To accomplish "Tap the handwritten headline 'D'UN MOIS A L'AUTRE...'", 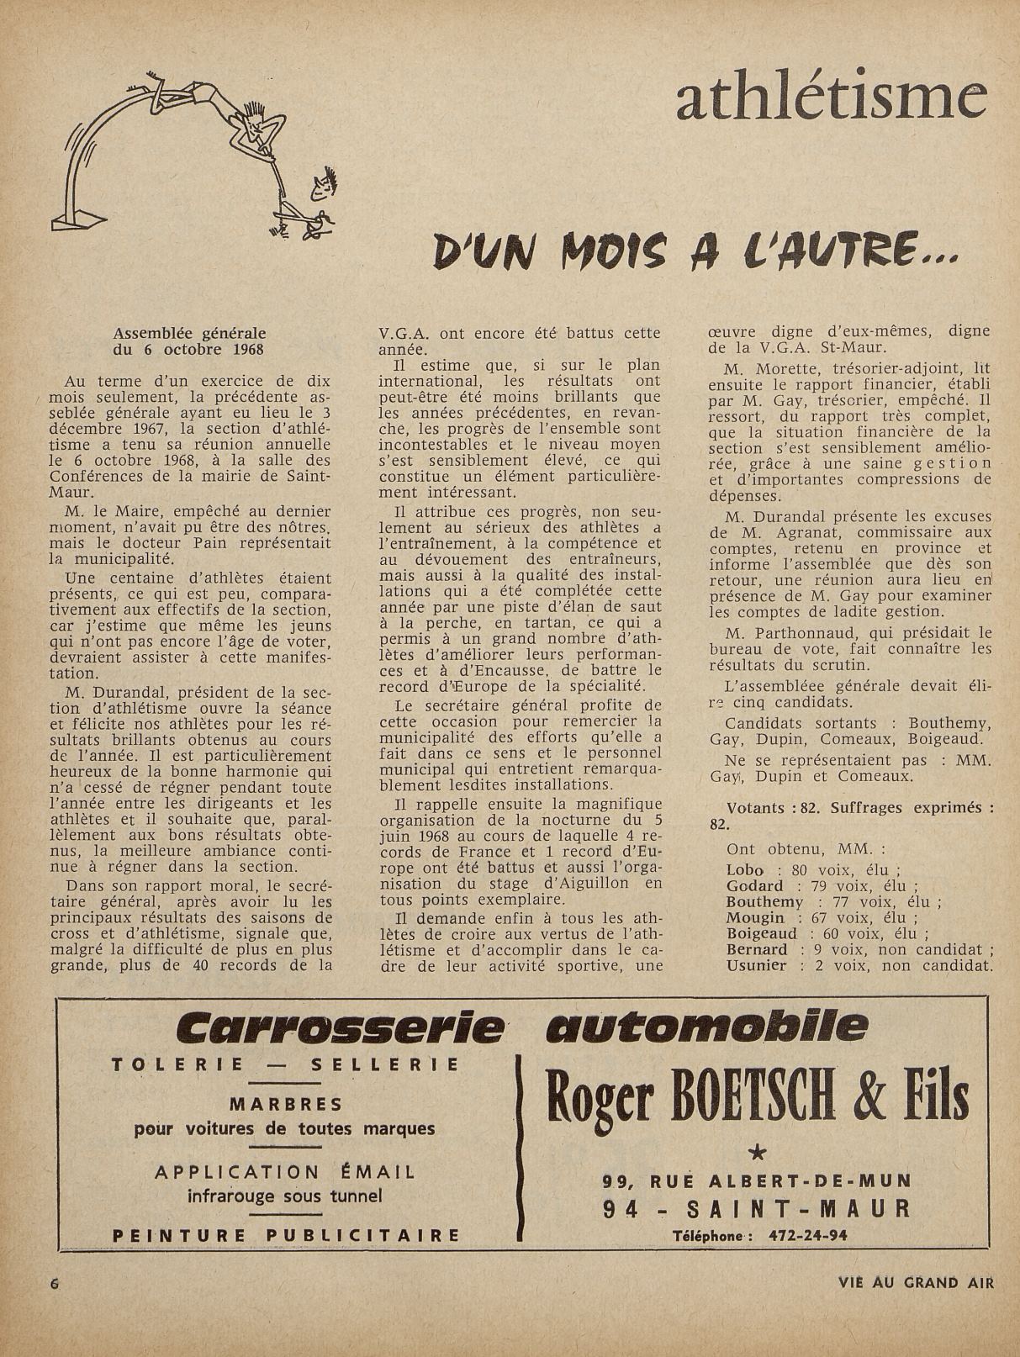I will tap(695, 250).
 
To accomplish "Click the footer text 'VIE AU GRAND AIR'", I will tap(916, 1283).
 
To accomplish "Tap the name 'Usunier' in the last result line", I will tap(758, 965).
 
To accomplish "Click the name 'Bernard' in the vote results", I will tap(758, 950).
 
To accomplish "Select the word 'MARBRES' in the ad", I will tap(286, 1104).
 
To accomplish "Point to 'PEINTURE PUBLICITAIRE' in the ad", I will tap(286, 1235).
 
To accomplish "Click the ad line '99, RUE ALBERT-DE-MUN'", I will tap(757, 1180).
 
